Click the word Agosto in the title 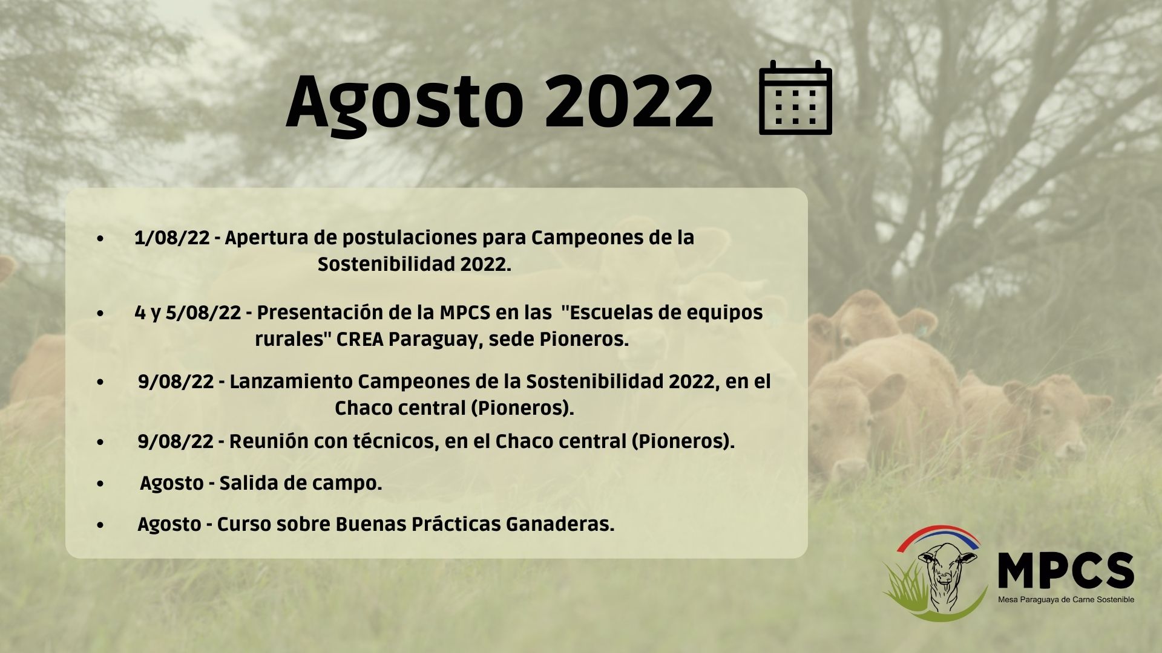(404, 102)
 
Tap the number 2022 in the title (629, 100)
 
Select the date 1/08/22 (172, 238)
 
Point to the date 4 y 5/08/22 (188, 313)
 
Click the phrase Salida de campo (301, 484)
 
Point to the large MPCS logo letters (1066, 570)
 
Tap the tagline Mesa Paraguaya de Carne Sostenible (1066, 600)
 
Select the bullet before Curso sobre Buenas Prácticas (100, 525)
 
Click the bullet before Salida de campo (100, 484)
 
